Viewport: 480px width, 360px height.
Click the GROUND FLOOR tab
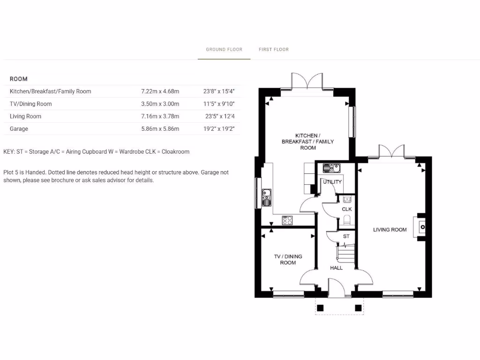coord(224,49)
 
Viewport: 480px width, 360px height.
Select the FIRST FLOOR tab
coord(274,49)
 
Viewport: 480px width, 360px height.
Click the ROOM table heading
coord(19,79)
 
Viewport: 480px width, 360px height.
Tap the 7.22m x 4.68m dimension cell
coord(160,91)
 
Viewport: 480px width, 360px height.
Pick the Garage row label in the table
coord(19,129)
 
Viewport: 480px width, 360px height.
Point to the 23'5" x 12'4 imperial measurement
coord(219,116)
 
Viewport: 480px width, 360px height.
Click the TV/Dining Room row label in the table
coord(31,104)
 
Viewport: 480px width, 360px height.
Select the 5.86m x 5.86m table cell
coord(160,129)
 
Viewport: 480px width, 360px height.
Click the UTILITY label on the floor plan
coord(332,182)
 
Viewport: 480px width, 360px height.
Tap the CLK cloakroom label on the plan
coord(347,209)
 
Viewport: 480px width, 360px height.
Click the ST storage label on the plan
coord(346,236)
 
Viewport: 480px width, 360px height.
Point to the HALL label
coord(336,268)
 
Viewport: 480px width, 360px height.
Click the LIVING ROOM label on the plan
coord(390,230)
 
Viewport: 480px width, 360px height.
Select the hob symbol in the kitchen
coord(287,219)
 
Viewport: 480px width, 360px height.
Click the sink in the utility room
coord(333,167)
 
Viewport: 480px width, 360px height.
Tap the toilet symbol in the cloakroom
coord(347,219)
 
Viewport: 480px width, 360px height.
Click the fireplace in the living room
coord(420,227)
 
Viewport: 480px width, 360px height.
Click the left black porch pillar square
coord(321,308)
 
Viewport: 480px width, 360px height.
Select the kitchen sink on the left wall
coord(266,197)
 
